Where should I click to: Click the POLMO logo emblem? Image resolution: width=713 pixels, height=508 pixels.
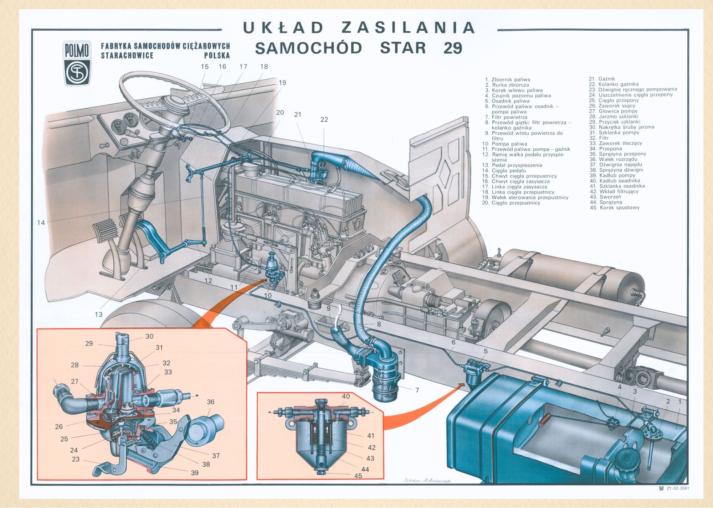coord(77,64)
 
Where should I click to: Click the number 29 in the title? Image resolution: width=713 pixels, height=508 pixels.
coord(453,48)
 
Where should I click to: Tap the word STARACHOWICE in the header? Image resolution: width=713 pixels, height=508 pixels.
coord(127,56)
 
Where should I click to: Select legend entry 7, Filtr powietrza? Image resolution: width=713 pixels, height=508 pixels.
coord(506,117)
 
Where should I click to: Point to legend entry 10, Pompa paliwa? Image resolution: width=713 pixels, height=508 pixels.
coord(504,144)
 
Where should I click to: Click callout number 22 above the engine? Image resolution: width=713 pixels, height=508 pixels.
coord(324,119)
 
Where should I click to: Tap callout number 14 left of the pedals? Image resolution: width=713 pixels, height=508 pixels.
coord(41,223)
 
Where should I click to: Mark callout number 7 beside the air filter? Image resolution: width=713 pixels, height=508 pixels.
coord(417,390)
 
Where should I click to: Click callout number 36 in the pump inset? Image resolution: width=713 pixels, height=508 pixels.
coord(211,402)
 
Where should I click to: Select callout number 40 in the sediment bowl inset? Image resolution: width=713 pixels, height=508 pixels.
coord(346,396)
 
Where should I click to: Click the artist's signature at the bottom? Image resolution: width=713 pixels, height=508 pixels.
coord(427,481)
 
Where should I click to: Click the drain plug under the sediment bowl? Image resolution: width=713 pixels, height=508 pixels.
coord(321,472)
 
